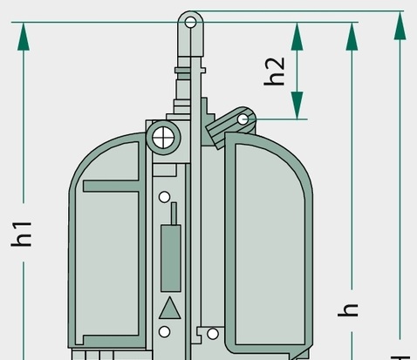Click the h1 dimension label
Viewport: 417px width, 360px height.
21,234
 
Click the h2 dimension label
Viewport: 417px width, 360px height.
274,71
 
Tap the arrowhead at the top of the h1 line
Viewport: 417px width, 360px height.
24,37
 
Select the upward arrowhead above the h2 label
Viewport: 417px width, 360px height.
297,37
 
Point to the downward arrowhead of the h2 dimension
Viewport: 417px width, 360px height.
297,105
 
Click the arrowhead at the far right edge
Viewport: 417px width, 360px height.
400,26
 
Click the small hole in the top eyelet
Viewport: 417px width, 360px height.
190,23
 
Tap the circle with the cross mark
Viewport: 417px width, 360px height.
163,138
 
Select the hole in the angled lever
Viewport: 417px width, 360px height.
243,119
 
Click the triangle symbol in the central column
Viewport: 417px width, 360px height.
170,309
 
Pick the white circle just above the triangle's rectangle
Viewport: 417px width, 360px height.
165,197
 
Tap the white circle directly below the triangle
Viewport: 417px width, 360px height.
165,332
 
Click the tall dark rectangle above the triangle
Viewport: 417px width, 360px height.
171,258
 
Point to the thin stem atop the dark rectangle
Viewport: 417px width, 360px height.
174,214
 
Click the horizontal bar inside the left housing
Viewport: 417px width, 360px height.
111,187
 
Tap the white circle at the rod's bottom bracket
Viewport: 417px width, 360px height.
213,334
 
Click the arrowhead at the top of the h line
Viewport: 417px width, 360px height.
352,37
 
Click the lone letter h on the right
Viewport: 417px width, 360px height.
348,310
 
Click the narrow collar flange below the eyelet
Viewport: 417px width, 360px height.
190,71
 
